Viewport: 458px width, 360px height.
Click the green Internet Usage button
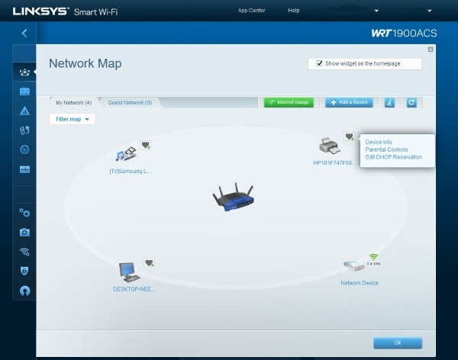coord(289,102)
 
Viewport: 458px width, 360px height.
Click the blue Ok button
coord(397,342)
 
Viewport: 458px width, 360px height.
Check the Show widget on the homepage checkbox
coord(320,64)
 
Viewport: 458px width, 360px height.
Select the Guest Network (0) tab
coord(129,102)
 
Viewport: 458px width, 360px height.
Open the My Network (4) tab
coord(73,102)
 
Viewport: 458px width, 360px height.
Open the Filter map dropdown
coord(72,119)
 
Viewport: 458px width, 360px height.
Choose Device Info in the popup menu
coord(379,142)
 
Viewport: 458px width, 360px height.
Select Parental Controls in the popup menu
coord(386,149)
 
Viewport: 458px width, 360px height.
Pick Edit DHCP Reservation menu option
coord(393,157)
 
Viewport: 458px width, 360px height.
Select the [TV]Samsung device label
coord(131,172)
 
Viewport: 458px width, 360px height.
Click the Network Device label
coord(359,283)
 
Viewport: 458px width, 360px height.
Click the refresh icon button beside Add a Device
coord(411,102)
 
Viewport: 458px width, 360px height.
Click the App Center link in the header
coord(252,11)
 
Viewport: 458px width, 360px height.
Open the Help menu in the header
coord(294,11)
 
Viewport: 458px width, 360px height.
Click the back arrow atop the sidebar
coord(24,33)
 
